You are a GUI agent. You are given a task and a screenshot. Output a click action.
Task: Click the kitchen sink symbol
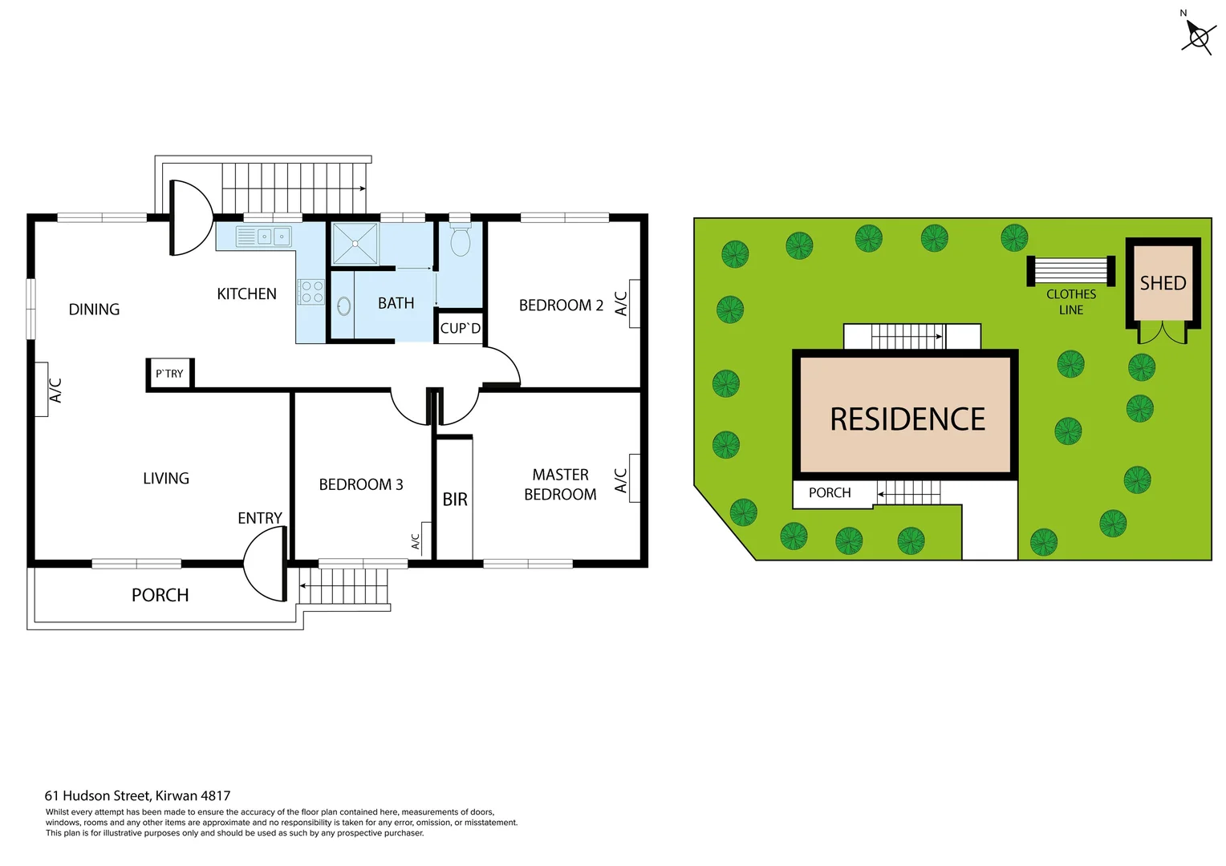(264, 237)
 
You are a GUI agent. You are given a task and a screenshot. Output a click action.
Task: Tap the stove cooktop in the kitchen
(312, 292)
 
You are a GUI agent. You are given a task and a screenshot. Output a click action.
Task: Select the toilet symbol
(460, 240)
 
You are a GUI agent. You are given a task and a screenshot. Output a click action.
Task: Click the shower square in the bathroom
(355, 244)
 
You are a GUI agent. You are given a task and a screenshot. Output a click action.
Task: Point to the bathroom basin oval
(343, 306)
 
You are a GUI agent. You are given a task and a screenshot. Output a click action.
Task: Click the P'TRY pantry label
(169, 374)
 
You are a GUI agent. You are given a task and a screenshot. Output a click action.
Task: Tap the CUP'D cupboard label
(460, 328)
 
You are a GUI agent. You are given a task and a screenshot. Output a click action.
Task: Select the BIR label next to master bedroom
(455, 500)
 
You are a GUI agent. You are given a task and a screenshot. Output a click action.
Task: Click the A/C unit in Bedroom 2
(634, 303)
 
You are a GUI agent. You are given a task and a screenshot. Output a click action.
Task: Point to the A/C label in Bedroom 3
(416, 541)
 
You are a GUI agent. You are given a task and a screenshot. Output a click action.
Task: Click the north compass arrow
(1197, 35)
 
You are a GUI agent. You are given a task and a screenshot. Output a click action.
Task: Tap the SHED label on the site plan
(1163, 283)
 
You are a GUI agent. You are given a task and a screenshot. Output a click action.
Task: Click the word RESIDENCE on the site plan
(907, 419)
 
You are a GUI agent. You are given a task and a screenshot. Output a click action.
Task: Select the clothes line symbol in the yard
(1071, 271)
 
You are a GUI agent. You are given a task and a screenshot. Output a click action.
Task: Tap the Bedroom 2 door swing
(503, 366)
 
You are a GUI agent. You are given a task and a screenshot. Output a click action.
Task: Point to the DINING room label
(94, 310)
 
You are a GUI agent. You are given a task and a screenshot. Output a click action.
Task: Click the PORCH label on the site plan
(830, 492)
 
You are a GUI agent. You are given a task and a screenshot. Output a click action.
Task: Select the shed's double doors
(1163, 333)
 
